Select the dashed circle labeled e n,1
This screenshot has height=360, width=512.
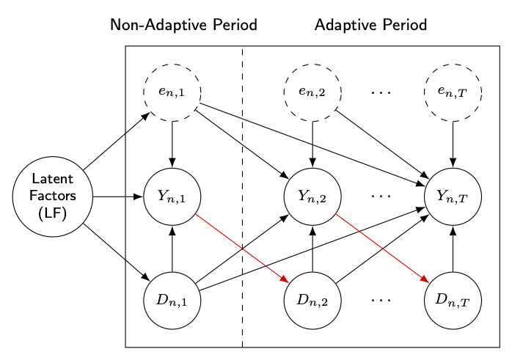(172, 92)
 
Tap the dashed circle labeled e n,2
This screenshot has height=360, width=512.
(313, 92)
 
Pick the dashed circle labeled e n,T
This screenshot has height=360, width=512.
(453, 92)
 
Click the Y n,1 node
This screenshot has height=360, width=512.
(172, 196)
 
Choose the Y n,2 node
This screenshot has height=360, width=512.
(313, 196)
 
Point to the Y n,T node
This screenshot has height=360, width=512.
(453, 196)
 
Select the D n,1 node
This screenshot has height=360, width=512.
(172, 301)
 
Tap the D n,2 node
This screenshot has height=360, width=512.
(313, 301)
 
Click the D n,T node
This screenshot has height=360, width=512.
(453, 301)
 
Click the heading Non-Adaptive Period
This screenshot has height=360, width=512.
(183, 25)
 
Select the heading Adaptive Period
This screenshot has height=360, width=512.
(370, 25)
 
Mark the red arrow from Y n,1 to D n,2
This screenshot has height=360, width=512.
(242, 248)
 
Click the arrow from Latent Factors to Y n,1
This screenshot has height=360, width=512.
(117, 196)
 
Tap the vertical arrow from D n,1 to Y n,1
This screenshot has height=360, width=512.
(172, 249)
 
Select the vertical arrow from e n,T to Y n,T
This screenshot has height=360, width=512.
(453, 144)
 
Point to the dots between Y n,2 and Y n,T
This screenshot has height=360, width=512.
(381, 196)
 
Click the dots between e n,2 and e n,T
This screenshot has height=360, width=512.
(381, 92)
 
